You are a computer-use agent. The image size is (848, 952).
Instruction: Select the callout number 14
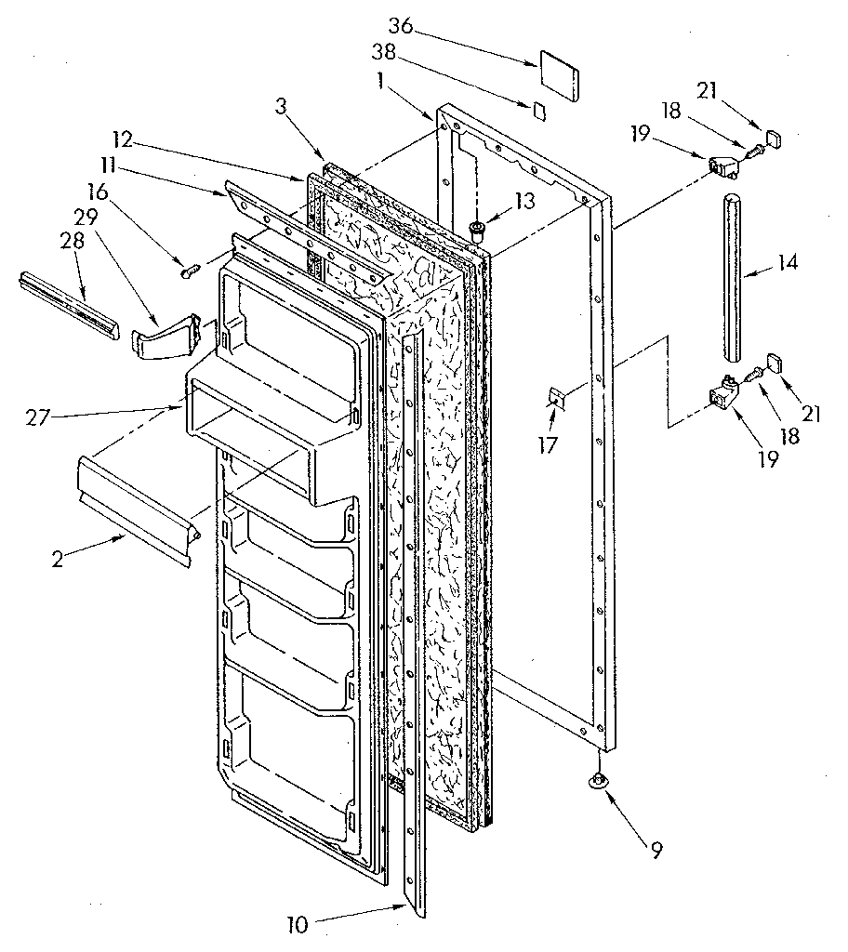pyautogui.click(x=787, y=262)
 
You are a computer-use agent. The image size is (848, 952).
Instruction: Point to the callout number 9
pyautogui.click(x=657, y=850)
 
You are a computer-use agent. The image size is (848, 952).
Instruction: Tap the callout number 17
pyautogui.click(x=549, y=445)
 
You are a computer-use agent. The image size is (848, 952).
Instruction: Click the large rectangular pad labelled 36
pyautogui.click(x=559, y=73)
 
